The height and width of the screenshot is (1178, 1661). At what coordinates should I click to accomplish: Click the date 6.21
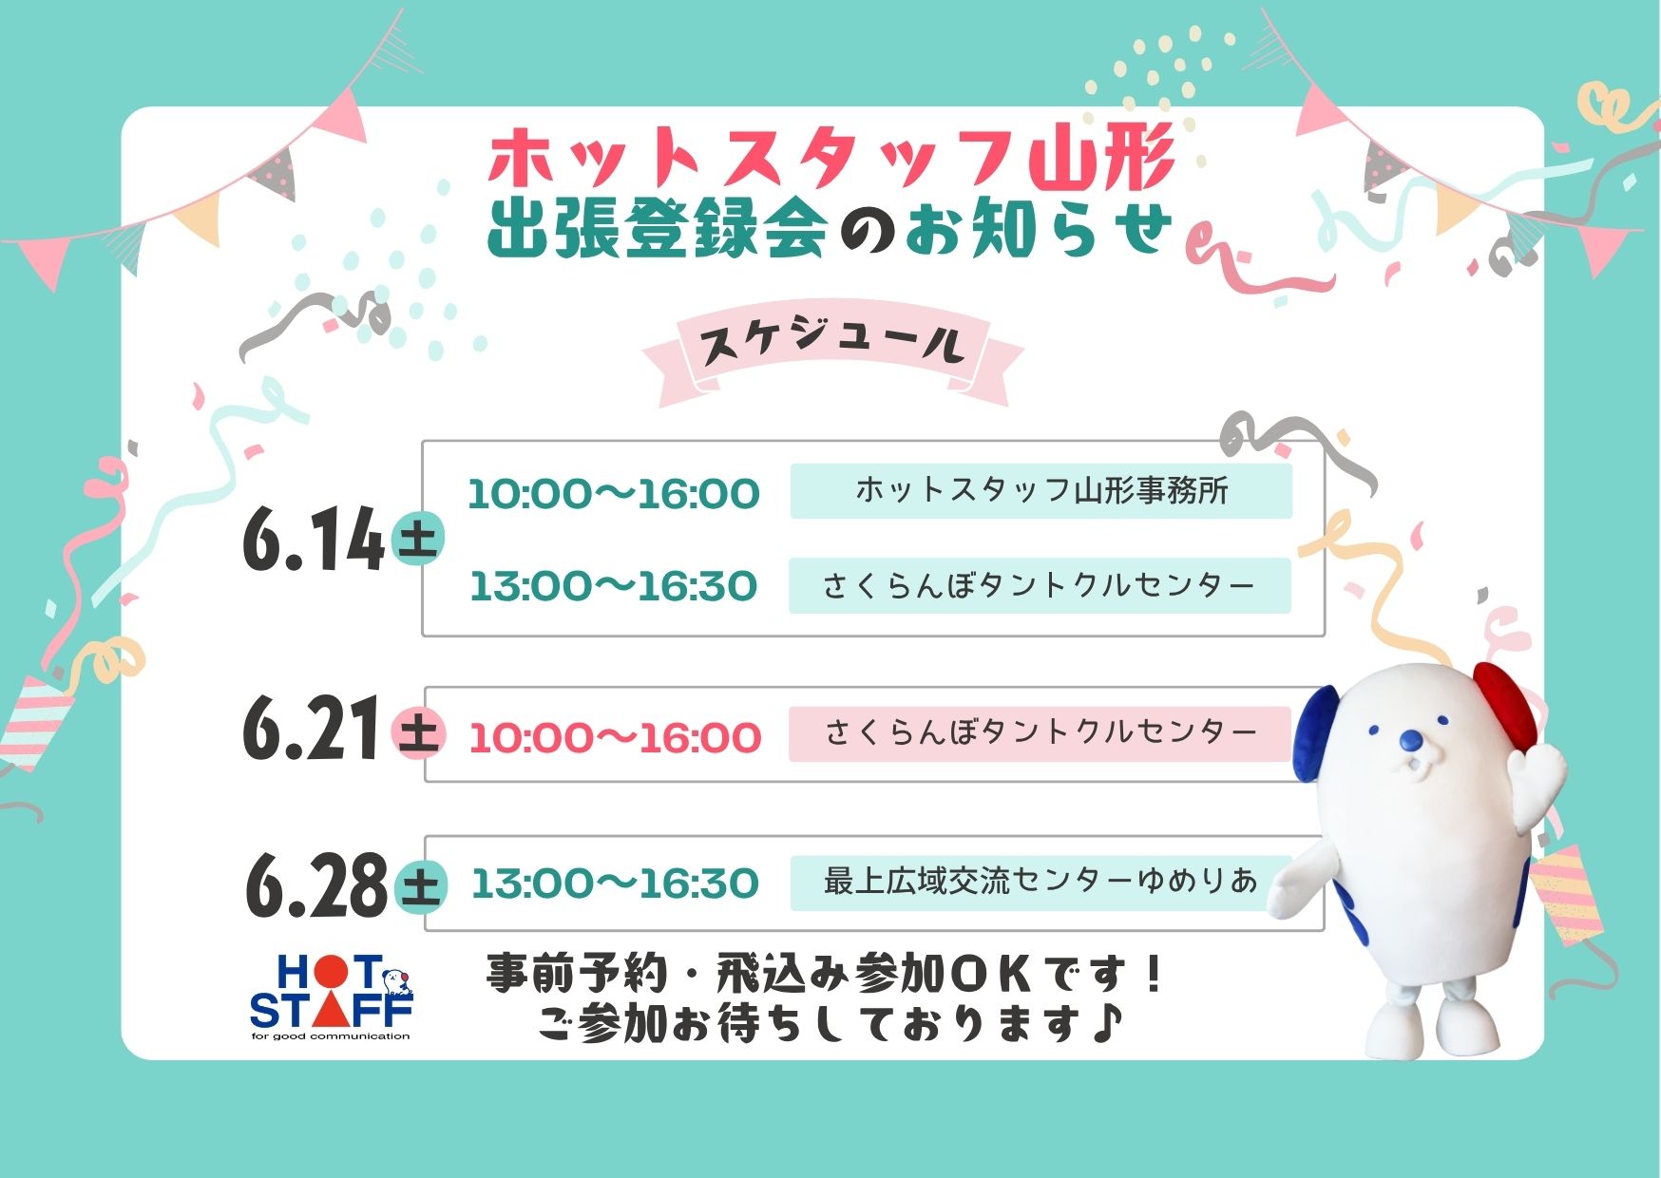(x=314, y=729)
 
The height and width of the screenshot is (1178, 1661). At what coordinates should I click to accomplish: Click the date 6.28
(x=316, y=884)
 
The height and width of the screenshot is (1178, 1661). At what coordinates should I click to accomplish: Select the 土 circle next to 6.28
(x=420, y=886)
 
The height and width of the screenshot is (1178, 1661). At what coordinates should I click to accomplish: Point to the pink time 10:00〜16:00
(x=615, y=738)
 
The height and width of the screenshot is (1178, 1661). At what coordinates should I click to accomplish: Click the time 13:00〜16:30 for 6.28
(x=615, y=883)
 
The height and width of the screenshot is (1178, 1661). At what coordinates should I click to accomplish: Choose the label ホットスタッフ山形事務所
(x=1041, y=491)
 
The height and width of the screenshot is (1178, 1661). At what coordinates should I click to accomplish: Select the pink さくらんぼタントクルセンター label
(x=1041, y=733)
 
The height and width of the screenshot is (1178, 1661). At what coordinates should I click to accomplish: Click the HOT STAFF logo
(x=331, y=997)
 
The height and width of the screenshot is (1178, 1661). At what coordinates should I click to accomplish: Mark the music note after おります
(x=1106, y=1022)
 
